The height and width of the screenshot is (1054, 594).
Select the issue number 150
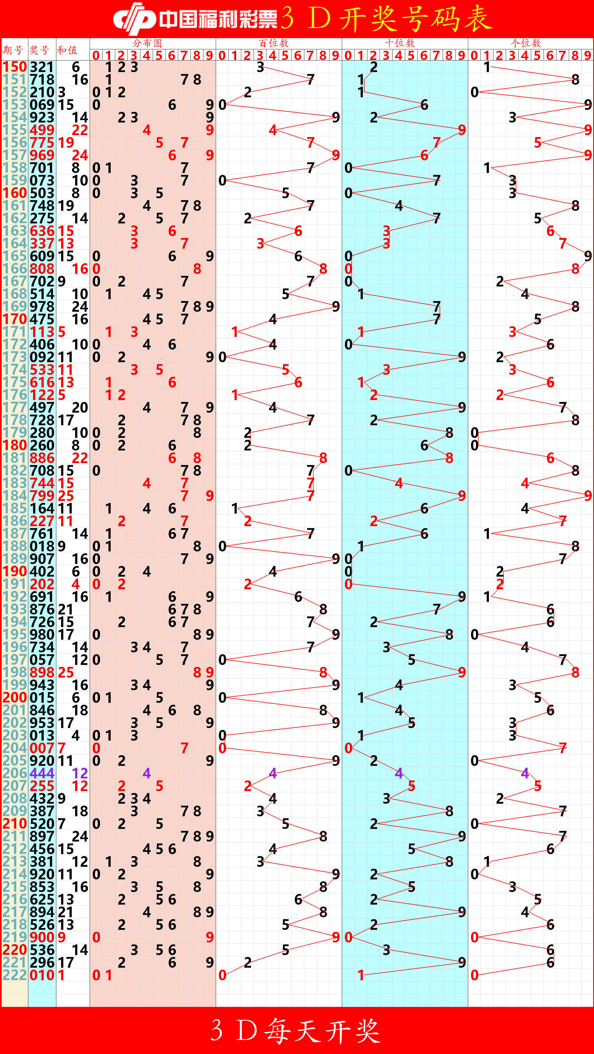pos(15,67)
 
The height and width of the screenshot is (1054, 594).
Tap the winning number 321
pos(42,67)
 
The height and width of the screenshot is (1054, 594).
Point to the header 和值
pos(67,50)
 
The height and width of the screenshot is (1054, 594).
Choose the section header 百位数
pos(274,43)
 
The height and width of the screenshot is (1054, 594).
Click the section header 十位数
pos(400,43)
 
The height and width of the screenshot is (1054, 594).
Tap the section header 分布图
pos(147,43)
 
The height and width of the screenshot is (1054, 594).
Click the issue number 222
pos(15,975)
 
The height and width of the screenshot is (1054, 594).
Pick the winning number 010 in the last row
pos(42,975)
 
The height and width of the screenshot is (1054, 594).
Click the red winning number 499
pos(42,130)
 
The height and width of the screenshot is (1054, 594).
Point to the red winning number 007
pos(42,748)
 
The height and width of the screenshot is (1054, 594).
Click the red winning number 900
pos(42,937)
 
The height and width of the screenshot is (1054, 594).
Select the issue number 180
pos(15,445)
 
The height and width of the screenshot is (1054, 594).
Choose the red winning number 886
pos(42,458)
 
